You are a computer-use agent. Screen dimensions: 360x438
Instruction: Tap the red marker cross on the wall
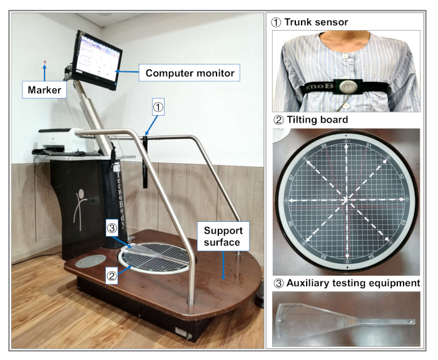pos(44,62)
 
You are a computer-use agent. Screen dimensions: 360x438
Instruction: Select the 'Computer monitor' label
pos(190,73)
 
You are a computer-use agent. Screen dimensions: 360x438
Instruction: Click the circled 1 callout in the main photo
pos(159,107)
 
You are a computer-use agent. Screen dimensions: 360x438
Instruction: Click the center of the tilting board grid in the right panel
pos(345,200)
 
